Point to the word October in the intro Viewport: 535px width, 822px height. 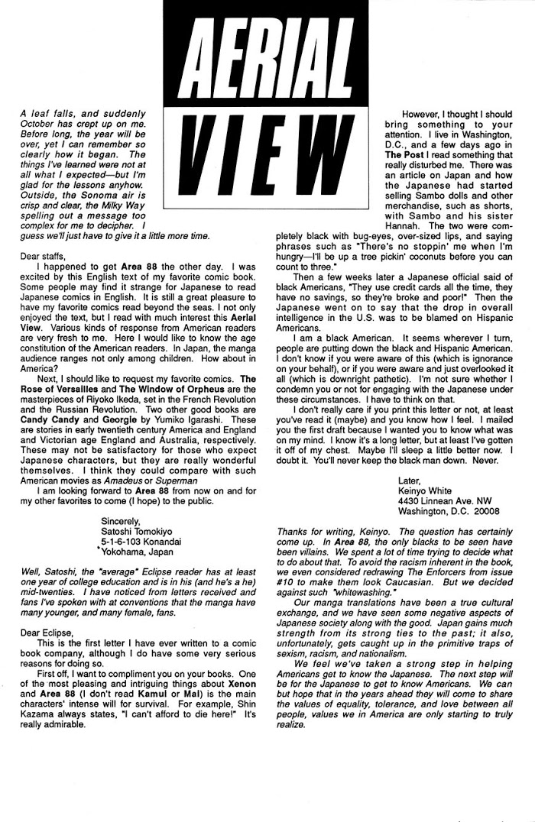[x=40, y=124]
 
